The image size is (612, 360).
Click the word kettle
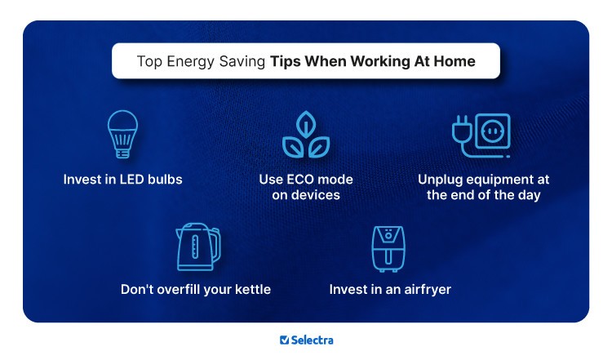pos(250,289)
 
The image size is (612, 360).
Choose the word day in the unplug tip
pos(529,195)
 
